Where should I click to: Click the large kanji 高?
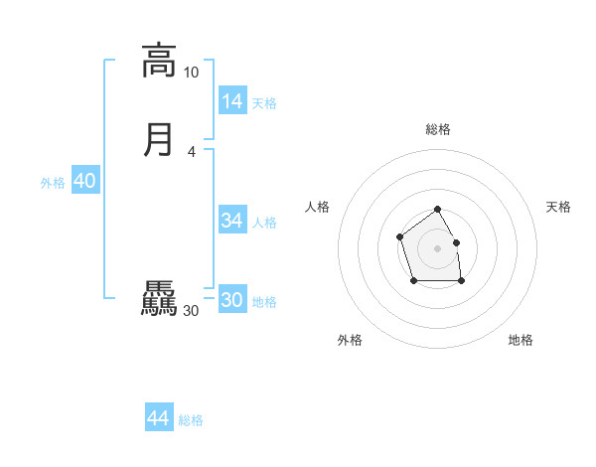coord(158,61)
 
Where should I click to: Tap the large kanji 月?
coord(158,139)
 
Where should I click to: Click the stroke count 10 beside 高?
coord(191,73)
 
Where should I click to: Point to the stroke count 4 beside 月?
coord(191,151)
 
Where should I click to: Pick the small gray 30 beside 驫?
coord(191,311)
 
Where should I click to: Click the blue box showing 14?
coord(232,101)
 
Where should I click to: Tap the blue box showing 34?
coord(232,221)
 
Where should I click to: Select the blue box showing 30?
coord(232,300)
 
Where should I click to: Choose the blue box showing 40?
coord(84,181)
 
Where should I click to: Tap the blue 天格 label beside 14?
coord(264,103)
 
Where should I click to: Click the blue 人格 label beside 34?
coord(264,223)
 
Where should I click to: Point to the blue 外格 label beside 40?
coord(53,183)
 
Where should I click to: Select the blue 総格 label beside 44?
coord(191,420)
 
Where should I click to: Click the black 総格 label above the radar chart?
coord(437,129)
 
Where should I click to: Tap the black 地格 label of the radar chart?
coord(521,340)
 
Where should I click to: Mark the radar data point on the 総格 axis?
coord(437,210)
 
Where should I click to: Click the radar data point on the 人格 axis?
coord(399,236)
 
